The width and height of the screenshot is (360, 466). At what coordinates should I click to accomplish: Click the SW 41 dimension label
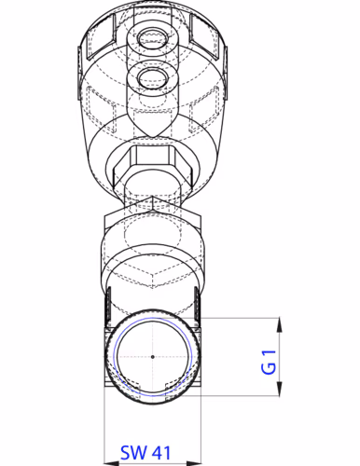(145, 453)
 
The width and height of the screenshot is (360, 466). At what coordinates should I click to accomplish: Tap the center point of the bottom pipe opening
(151, 357)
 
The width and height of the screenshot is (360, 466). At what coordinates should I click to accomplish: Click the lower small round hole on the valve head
(150, 76)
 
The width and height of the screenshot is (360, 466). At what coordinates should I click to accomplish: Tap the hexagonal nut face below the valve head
(150, 160)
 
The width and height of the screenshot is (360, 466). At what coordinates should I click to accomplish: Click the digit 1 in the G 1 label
(268, 351)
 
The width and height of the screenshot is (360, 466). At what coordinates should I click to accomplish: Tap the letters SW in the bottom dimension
(132, 453)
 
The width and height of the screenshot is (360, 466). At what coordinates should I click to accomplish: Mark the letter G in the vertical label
(268, 368)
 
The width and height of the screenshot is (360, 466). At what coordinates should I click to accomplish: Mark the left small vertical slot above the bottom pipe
(109, 300)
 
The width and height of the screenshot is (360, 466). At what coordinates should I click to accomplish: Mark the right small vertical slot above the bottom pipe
(193, 300)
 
